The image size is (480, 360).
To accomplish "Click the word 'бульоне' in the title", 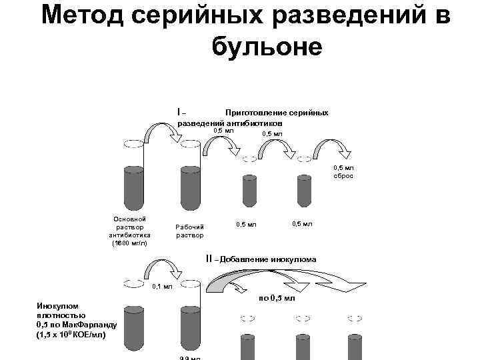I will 266,46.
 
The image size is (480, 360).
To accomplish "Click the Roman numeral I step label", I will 179,111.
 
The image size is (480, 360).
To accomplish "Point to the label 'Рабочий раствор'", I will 189,231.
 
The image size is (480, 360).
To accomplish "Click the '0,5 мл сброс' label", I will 343,172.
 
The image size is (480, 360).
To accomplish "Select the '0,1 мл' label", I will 163,287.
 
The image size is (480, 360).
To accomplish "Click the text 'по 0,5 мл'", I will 276,298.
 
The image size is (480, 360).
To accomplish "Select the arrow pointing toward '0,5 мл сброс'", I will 329,147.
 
